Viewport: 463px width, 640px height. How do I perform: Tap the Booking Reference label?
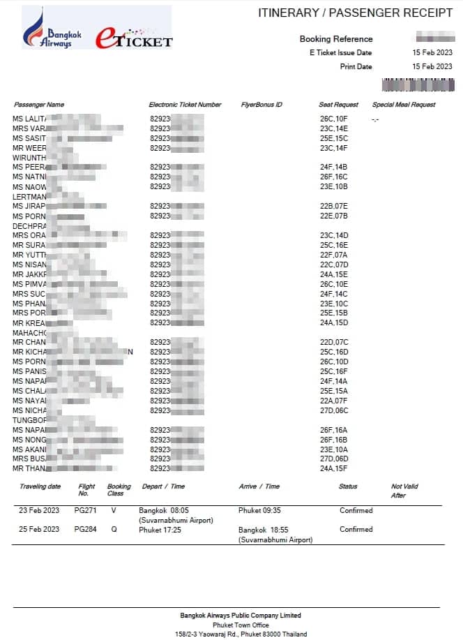coord(336,39)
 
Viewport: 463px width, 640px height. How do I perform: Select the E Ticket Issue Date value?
coord(432,52)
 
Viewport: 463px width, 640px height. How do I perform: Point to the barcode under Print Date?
coord(418,84)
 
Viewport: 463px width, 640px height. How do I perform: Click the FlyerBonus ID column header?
coord(261,105)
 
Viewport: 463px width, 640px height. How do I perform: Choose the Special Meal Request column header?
coord(404,105)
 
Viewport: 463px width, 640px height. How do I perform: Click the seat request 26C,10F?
coord(334,119)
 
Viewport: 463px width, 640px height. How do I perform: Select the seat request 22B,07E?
coord(334,206)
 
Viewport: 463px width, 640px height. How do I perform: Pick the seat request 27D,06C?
coord(334,410)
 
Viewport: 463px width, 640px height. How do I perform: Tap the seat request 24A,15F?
coord(334,468)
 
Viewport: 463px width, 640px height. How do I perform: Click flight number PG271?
coord(85,511)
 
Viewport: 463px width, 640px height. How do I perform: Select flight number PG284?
coord(85,529)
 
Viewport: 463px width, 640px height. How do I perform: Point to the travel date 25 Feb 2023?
coord(39,529)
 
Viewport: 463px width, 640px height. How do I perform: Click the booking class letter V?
coord(114,511)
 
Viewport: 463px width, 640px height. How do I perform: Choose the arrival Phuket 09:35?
coord(259,511)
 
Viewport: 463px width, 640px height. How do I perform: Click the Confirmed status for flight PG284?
coord(356,529)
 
